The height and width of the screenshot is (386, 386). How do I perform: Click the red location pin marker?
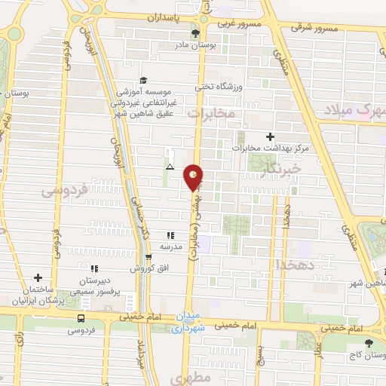tap(194, 176)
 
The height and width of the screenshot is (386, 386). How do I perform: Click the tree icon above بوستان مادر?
tap(195, 33)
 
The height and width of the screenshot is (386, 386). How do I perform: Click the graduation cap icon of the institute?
tap(143, 81)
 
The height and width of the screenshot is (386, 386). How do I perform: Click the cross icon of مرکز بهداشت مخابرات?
tap(270, 136)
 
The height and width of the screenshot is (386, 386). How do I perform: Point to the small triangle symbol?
tap(170, 166)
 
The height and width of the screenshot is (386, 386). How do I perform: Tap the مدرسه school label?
tap(170, 247)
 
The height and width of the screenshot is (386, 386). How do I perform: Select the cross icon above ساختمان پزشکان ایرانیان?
tap(38, 277)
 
